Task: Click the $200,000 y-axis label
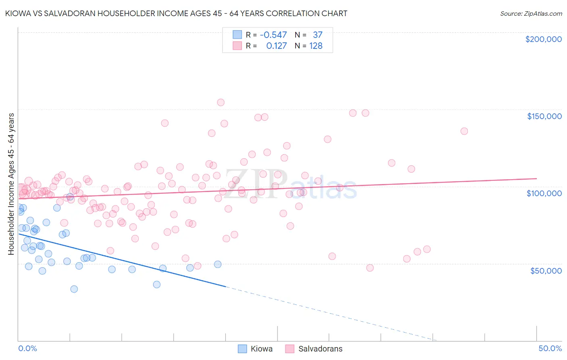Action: [x=543, y=39]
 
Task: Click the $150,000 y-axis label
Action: [x=544, y=116]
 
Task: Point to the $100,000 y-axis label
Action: [x=544, y=193]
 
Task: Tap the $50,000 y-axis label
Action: [x=546, y=270]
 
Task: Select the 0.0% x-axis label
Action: [x=27, y=348]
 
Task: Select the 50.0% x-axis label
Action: [x=550, y=348]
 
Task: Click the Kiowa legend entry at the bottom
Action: [x=261, y=349]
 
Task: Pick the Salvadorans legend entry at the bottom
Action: [x=320, y=349]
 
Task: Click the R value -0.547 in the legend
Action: [x=273, y=35]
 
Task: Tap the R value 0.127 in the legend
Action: [x=276, y=46]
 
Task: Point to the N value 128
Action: [x=316, y=46]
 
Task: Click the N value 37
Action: [x=317, y=35]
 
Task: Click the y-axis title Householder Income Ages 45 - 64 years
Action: [x=11, y=184]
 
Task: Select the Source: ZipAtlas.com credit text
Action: [x=531, y=14]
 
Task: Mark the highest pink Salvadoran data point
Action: [x=221, y=103]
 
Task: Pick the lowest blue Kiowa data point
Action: [x=74, y=289]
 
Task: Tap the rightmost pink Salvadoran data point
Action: [x=464, y=131]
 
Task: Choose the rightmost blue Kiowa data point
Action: [x=218, y=264]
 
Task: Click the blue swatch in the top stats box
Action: [x=237, y=35]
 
